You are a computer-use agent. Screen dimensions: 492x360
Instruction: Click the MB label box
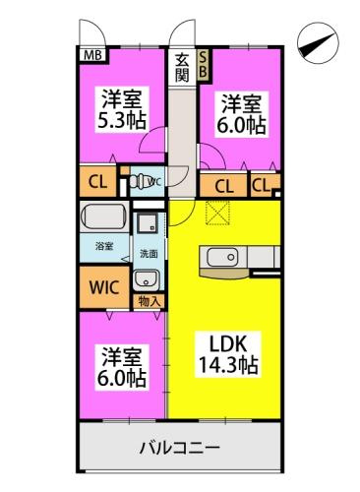[x=91, y=55]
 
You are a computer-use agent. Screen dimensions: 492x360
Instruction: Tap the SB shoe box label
[x=204, y=64]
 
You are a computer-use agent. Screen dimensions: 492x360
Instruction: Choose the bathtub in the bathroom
[x=106, y=216]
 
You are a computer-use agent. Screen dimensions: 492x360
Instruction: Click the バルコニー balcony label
[x=178, y=449]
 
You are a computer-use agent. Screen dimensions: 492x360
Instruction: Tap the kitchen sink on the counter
[x=218, y=257]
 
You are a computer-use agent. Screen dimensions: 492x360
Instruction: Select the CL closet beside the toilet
[x=96, y=182]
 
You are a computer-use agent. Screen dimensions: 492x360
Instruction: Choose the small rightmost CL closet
[x=262, y=184]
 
